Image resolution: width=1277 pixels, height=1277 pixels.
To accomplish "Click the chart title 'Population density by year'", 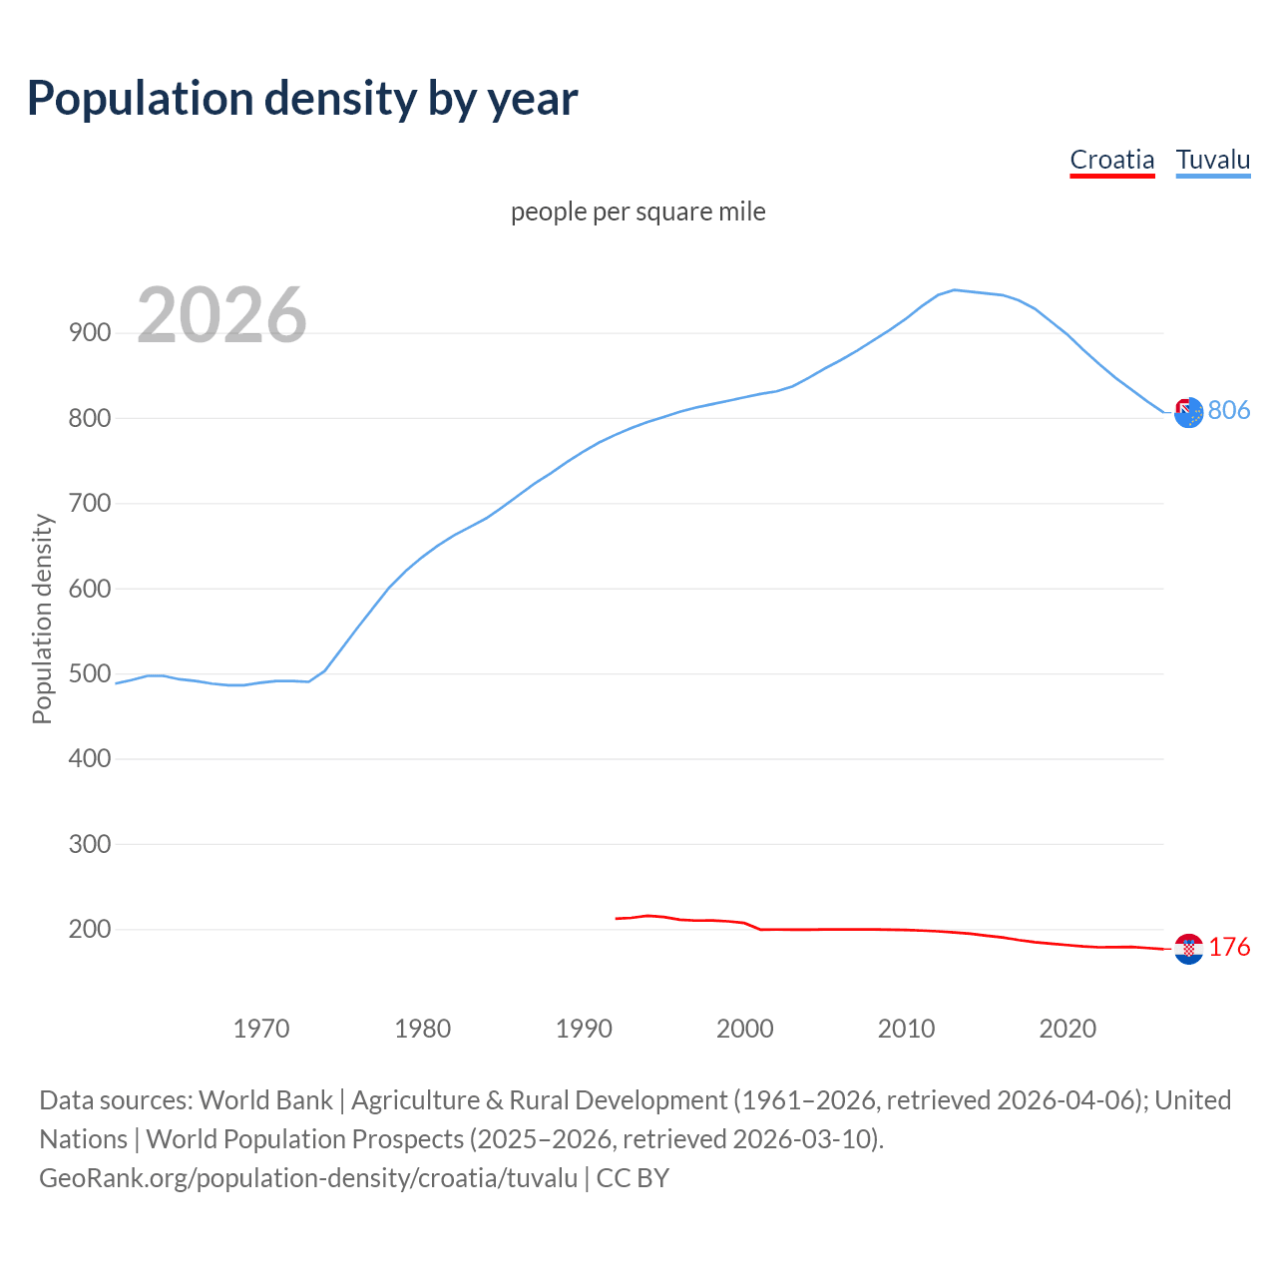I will [302, 99].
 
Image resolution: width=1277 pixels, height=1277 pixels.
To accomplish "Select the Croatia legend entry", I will [1111, 160].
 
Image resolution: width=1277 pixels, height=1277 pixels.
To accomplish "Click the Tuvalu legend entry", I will [1212, 160].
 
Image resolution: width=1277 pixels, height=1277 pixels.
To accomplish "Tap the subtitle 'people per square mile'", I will [638, 212].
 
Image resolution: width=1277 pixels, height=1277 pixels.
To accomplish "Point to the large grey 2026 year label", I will [221, 315].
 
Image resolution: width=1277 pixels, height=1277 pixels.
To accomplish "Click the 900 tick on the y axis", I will [90, 333].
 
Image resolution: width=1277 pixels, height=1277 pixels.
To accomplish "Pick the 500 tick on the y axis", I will [90, 673].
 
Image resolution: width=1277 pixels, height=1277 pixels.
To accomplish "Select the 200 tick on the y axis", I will [90, 929].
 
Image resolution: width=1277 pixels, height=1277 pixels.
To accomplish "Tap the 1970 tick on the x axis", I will [261, 1029].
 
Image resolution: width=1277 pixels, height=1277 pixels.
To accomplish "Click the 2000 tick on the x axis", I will [745, 1029].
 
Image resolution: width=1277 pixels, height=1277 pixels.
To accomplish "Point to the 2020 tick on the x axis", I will [1067, 1029].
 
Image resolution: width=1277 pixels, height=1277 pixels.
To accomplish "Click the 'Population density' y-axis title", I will [42, 619].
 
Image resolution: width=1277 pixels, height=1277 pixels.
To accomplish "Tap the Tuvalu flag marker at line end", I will [1188, 412].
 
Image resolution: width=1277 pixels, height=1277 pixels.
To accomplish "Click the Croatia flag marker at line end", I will [1188, 949].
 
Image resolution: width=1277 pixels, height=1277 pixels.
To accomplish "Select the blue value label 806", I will [1229, 410].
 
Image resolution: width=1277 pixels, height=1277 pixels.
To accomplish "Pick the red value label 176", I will [1229, 947].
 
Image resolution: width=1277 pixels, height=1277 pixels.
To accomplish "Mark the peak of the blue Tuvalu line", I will [955, 290].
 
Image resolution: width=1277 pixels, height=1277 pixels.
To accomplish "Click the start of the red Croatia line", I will [618, 918].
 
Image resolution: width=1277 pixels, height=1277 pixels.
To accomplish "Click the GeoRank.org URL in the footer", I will [308, 1178].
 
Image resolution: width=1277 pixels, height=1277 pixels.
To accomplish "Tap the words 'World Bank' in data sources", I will [265, 1100].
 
